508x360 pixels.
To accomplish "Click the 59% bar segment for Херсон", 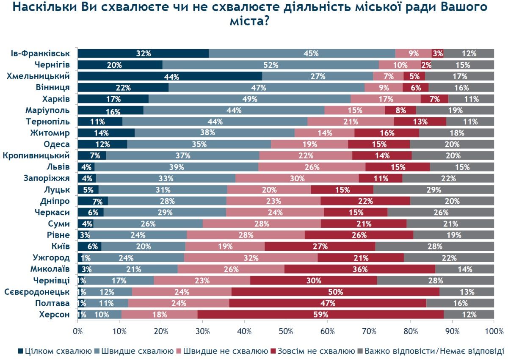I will (x=320, y=314).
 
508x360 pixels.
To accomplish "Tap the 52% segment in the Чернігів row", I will (x=271, y=65).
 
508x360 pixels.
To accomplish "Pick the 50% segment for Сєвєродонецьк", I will (x=335, y=292).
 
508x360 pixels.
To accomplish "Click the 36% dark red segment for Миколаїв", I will (x=360, y=269).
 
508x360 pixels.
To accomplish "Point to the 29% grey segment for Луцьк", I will (x=433, y=190).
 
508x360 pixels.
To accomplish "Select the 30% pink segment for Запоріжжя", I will (x=297, y=178).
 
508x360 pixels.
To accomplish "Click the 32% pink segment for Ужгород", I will (x=251, y=258).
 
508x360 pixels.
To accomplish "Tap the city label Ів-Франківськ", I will (x=41, y=53).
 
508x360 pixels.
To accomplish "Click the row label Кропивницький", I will (x=36, y=155).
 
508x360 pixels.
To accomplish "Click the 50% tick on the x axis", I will (x=286, y=330).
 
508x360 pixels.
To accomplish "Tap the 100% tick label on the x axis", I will (x=493, y=330).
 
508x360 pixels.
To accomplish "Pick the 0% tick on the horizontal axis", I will (x=78, y=330).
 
